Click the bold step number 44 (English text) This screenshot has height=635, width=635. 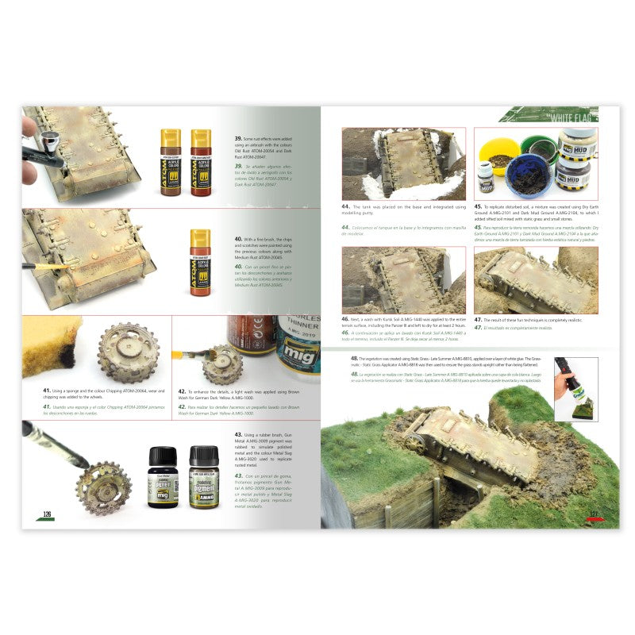pyautogui.click(x=345, y=206)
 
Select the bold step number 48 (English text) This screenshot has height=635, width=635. pyautogui.click(x=354, y=358)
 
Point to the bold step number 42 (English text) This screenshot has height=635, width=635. pyautogui.click(x=182, y=391)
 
